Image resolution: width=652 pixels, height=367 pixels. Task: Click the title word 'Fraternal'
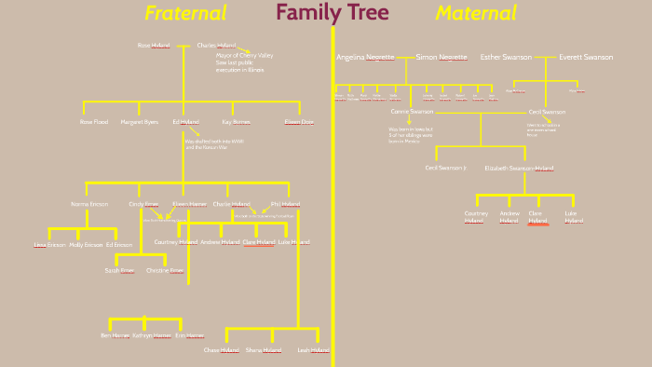(185, 13)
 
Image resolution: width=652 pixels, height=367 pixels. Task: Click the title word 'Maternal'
(476, 13)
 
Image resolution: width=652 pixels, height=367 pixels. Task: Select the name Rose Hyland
(154, 45)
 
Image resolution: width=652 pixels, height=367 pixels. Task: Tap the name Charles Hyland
(216, 45)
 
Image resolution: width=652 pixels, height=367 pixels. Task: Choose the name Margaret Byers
(140, 122)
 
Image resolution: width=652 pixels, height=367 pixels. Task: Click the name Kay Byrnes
(236, 122)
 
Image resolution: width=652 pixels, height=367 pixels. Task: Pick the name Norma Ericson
(89, 203)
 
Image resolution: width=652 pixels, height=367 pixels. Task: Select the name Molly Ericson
(86, 244)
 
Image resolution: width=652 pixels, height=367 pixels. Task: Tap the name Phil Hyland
(285, 203)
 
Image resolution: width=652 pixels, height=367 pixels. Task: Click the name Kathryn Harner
(151, 334)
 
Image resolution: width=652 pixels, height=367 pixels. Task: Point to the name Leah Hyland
(313, 350)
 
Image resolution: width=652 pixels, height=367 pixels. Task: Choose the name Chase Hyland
(222, 350)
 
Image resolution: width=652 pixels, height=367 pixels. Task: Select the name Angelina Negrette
(365, 57)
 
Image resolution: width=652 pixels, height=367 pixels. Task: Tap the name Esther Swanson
(506, 57)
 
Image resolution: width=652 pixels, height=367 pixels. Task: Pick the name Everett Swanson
(586, 57)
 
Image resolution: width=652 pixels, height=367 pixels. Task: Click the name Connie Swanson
(412, 112)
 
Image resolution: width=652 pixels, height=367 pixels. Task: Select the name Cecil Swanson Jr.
(445, 168)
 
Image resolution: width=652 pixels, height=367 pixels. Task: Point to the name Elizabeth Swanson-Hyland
(519, 169)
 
